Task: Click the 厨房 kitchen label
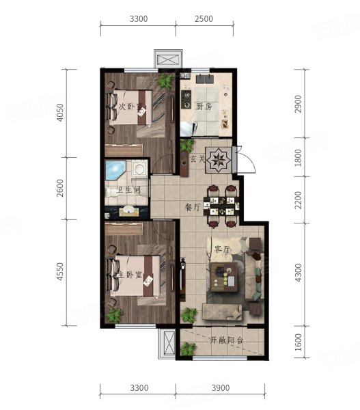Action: click(x=204, y=107)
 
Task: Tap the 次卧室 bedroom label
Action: click(x=130, y=107)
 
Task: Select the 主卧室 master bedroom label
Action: click(x=130, y=275)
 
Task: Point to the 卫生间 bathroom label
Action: click(x=128, y=190)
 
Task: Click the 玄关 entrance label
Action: click(x=197, y=159)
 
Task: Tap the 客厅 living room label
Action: click(x=222, y=249)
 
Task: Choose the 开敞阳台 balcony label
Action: click(x=227, y=340)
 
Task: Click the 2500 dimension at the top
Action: click(x=204, y=19)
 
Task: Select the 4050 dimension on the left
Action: click(x=60, y=113)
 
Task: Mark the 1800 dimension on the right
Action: click(x=298, y=158)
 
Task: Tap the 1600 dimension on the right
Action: click(x=298, y=342)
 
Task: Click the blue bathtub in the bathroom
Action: click(x=115, y=170)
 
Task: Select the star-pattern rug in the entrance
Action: click(x=219, y=160)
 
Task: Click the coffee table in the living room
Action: click(x=224, y=277)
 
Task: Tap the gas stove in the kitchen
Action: click(x=186, y=99)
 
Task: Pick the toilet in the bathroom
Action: click(x=111, y=192)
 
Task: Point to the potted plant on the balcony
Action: click(x=189, y=349)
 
